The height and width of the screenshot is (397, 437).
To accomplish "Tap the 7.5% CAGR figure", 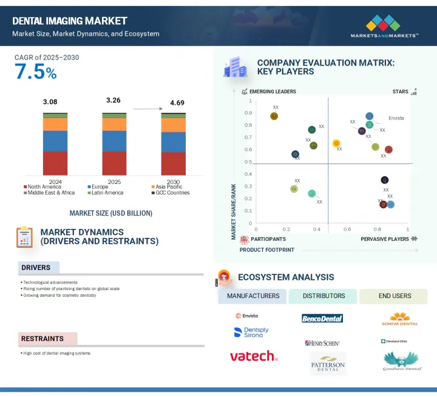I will point(36,72).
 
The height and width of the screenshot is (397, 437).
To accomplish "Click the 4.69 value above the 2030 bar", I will point(177,103).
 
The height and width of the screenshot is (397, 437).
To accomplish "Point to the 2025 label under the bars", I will point(114,182).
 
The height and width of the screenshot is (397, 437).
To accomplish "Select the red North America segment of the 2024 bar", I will point(55,163).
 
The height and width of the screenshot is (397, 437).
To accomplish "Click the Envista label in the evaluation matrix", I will point(396,118).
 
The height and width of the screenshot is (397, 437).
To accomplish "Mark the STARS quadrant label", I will point(400,92).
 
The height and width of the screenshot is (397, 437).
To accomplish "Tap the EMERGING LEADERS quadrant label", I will point(273,92).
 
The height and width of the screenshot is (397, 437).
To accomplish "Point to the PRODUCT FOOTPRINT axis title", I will point(266,249).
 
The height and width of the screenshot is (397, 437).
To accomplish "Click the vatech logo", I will point(253,356).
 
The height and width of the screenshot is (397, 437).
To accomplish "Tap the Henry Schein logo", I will point(322,344).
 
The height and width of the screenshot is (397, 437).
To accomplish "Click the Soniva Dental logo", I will point(400,319).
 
